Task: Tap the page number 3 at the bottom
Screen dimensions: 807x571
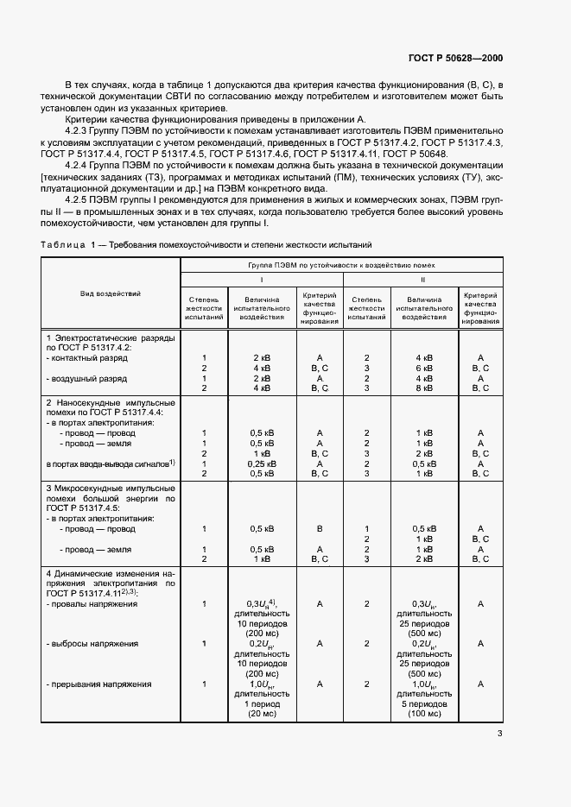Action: click(499, 734)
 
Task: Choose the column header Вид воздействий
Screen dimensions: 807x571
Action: click(111, 293)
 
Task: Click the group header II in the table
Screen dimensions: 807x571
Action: click(423, 280)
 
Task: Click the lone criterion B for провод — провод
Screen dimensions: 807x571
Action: click(320, 528)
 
